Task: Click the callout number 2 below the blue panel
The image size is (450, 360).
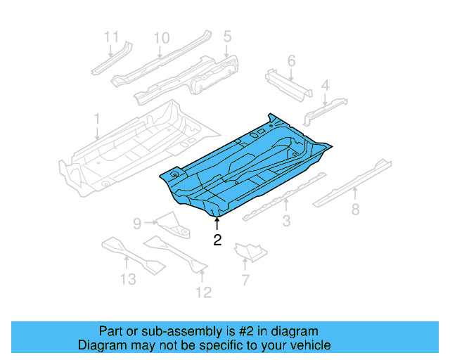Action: point(217,240)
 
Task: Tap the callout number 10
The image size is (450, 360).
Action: point(161,37)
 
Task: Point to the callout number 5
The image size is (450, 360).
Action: point(227,36)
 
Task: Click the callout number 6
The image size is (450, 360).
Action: point(291,61)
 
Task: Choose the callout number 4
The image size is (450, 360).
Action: point(325,86)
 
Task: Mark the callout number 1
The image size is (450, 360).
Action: point(97,118)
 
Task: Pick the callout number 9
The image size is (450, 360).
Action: point(138,224)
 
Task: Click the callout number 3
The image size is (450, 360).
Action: point(286,223)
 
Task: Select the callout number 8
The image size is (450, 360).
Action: point(355,209)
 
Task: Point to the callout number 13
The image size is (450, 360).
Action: point(127,280)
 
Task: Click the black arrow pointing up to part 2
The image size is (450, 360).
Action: point(217,224)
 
